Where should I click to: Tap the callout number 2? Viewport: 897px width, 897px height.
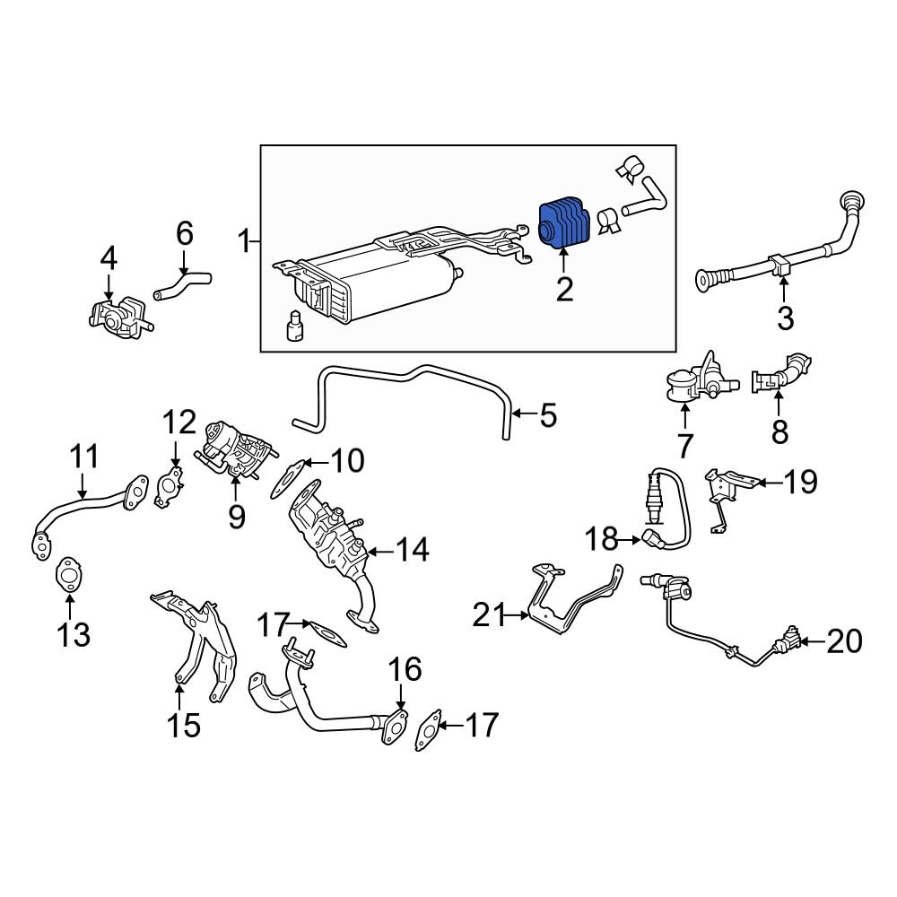point(563,289)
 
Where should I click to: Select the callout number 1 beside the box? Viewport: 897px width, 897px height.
point(243,240)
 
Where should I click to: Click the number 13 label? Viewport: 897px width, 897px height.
point(74,635)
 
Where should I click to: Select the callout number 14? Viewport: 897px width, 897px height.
point(414,550)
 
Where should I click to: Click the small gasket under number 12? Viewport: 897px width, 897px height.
point(169,484)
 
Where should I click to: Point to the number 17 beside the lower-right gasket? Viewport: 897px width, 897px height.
point(483,725)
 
